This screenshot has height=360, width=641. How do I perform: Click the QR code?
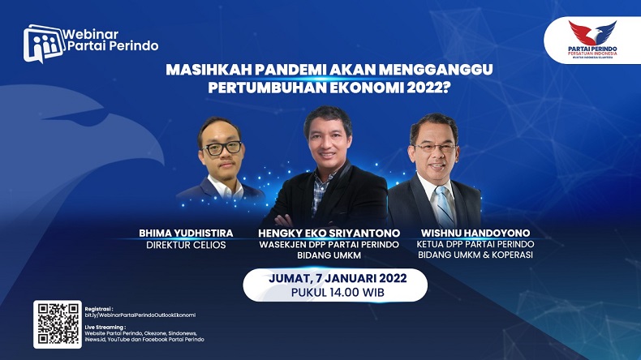57,324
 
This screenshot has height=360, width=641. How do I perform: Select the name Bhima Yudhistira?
186,234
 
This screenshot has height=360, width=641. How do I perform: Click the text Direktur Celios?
186,245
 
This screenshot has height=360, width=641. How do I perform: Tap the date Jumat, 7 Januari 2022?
336,278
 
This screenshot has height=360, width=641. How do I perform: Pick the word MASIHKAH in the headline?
202,70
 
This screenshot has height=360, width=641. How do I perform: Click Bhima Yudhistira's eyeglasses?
222,148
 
